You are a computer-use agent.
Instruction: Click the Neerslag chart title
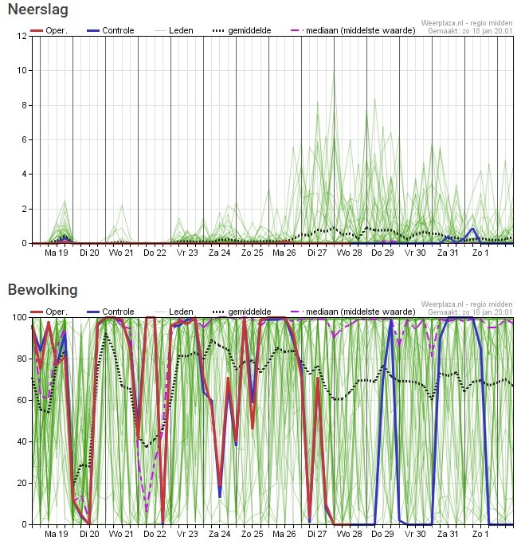[37, 10]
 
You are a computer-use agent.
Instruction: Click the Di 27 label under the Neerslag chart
[317, 253]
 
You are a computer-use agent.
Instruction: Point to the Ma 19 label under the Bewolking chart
[56, 534]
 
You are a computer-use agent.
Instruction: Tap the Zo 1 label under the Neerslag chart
[480, 253]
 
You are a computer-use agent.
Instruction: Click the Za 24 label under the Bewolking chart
[219, 534]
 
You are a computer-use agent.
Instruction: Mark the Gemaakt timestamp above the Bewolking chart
[470, 312]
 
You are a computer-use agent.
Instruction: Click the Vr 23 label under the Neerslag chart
[186, 253]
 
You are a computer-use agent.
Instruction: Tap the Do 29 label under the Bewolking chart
[382, 534]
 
